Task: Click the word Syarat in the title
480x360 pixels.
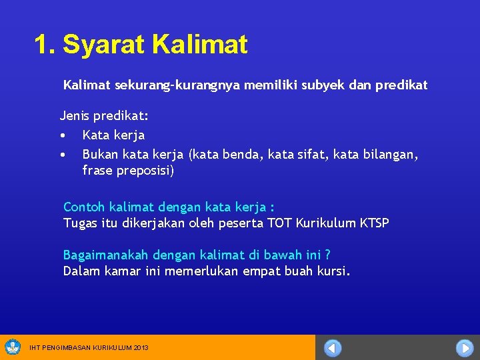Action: point(104,45)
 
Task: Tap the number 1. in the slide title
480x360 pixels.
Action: point(45,45)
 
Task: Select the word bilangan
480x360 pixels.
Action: point(390,155)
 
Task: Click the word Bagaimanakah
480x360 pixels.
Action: point(106,255)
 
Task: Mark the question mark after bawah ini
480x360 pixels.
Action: point(327,255)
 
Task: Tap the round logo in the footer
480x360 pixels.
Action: point(13,347)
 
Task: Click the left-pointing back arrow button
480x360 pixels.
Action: point(333,348)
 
